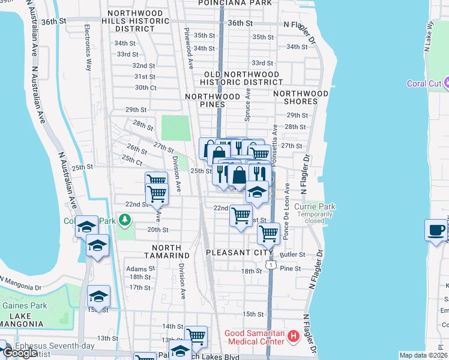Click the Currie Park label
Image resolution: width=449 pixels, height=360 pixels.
[319, 207]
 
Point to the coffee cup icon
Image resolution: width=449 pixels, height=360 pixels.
[436, 229]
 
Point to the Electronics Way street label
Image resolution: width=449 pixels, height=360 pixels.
[88, 47]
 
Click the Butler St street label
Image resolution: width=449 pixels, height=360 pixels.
[293, 255]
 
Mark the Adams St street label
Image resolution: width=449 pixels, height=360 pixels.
[136, 269]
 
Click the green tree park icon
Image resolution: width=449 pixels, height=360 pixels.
[125, 220]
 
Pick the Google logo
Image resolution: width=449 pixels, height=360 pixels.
[20, 353]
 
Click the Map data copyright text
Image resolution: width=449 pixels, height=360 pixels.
[423, 355]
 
